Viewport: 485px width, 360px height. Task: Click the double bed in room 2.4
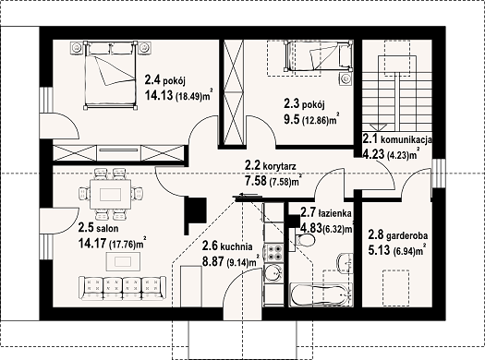tap(110, 75)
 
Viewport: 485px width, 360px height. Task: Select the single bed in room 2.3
tap(319, 56)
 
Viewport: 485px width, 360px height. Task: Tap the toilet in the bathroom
tap(305, 239)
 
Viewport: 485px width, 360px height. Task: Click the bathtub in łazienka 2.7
tap(321, 294)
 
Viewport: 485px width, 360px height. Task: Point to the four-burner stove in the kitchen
tap(273, 252)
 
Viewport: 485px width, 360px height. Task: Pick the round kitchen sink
tap(273, 273)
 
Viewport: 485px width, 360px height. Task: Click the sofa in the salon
tap(122, 288)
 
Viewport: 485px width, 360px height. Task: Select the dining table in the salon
tap(111, 195)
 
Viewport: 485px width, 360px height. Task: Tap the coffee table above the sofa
tap(123, 261)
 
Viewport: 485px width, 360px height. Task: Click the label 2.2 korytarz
tap(270, 166)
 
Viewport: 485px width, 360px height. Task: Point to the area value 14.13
tap(159, 95)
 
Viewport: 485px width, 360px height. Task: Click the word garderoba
tap(407, 236)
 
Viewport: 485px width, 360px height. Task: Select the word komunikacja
tap(406, 140)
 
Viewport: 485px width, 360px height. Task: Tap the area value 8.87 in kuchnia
tap(213, 261)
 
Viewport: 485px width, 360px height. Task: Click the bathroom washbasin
tap(345, 263)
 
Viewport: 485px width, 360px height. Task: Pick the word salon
tap(107, 229)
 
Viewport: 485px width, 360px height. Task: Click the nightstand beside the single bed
tap(346, 78)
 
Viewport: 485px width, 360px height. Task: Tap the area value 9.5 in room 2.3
tap(292, 119)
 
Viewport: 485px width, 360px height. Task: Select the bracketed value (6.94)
tap(404, 252)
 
